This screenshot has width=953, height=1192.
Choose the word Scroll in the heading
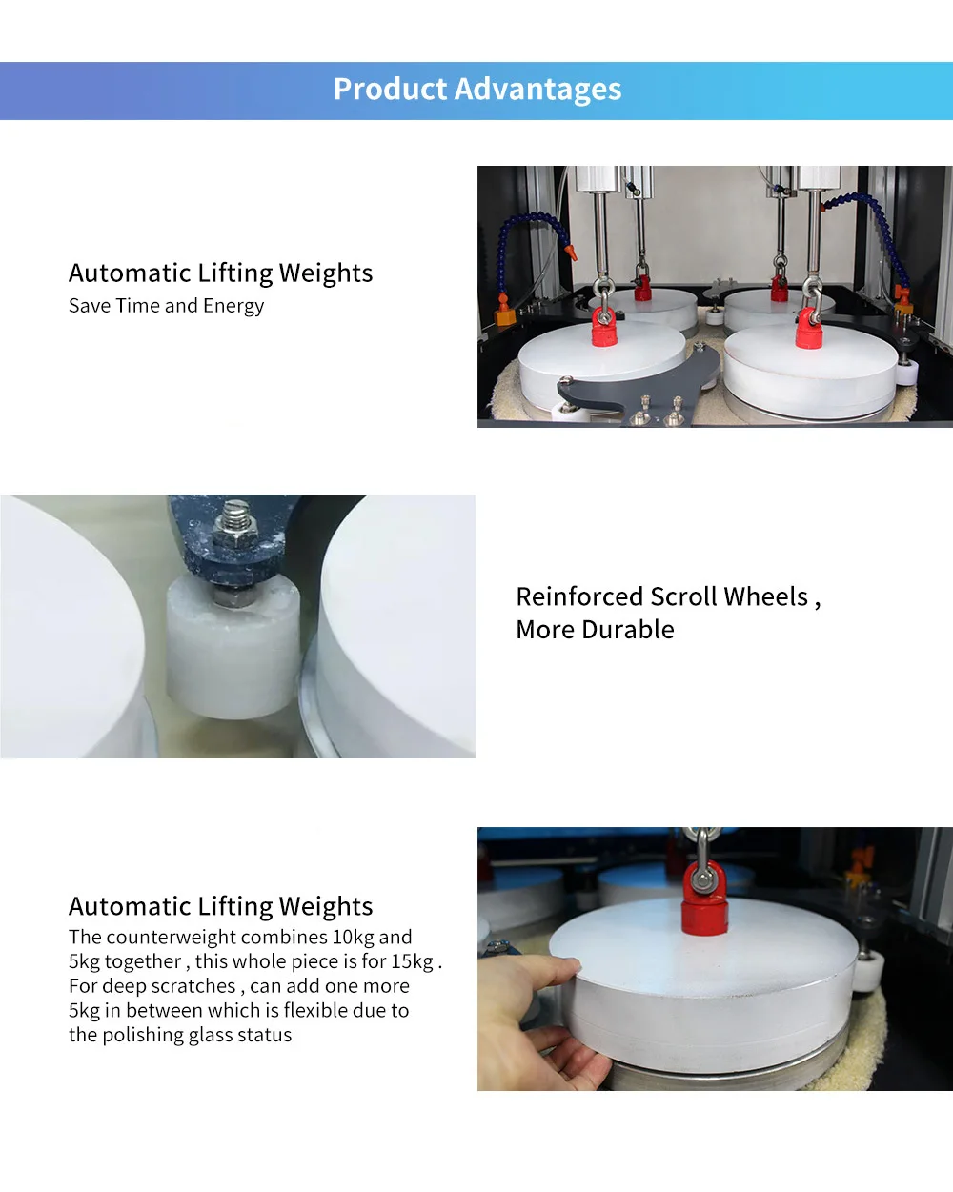(683, 596)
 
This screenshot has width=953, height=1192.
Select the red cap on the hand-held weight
(703, 900)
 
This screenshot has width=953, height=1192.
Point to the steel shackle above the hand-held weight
(702, 853)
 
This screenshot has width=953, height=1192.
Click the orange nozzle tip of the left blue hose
(571, 253)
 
